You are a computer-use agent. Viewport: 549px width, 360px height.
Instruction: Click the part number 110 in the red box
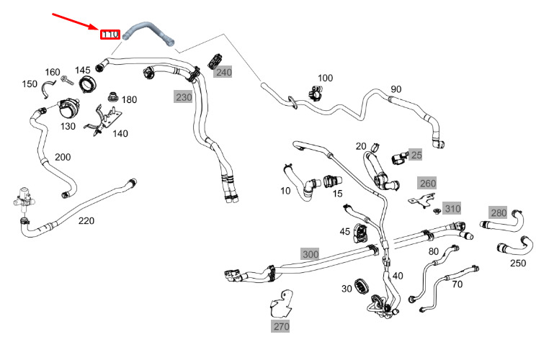pyautogui.click(x=110, y=33)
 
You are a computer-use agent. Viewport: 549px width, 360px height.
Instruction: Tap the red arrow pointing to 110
pyautogui.click(x=76, y=20)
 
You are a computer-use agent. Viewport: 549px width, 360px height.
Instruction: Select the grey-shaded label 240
pyautogui.click(x=224, y=72)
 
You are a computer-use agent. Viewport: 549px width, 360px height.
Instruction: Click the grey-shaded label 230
pyautogui.click(x=183, y=97)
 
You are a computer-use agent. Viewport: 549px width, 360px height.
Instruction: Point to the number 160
pyautogui.click(x=53, y=72)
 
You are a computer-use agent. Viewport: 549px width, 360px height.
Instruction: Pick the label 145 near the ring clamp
pyautogui.click(x=83, y=70)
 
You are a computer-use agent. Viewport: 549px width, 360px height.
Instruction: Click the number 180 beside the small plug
pyautogui.click(x=129, y=99)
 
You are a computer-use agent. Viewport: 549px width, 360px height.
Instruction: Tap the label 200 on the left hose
pyautogui.click(x=63, y=157)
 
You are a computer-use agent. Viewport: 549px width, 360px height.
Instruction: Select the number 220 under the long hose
pyautogui.click(x=86, y=220)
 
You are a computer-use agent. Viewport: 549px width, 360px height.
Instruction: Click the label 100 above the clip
pyautogui.click(x=325, y=78)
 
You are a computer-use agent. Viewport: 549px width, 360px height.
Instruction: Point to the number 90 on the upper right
pyautogui.click(x=396, y=89)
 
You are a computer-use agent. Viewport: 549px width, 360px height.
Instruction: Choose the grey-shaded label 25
pyautogui.click(x=416, y=154)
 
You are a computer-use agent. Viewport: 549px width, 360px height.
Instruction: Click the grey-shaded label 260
pyautogui.click(x=427, y=184)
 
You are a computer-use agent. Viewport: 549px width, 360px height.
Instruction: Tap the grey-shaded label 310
pyautogui.click(x=451, y=209)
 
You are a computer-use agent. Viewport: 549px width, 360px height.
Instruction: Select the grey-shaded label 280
pyautogui.click(x=499, y=212)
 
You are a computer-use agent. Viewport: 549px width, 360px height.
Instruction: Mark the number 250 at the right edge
pyautogui.click(x=517, y=263)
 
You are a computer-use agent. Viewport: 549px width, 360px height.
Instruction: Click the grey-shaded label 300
pyautogui.click(x=310, y=254)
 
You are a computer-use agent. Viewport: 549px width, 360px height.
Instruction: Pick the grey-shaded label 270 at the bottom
pyautogui.click(x=280, y=326)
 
